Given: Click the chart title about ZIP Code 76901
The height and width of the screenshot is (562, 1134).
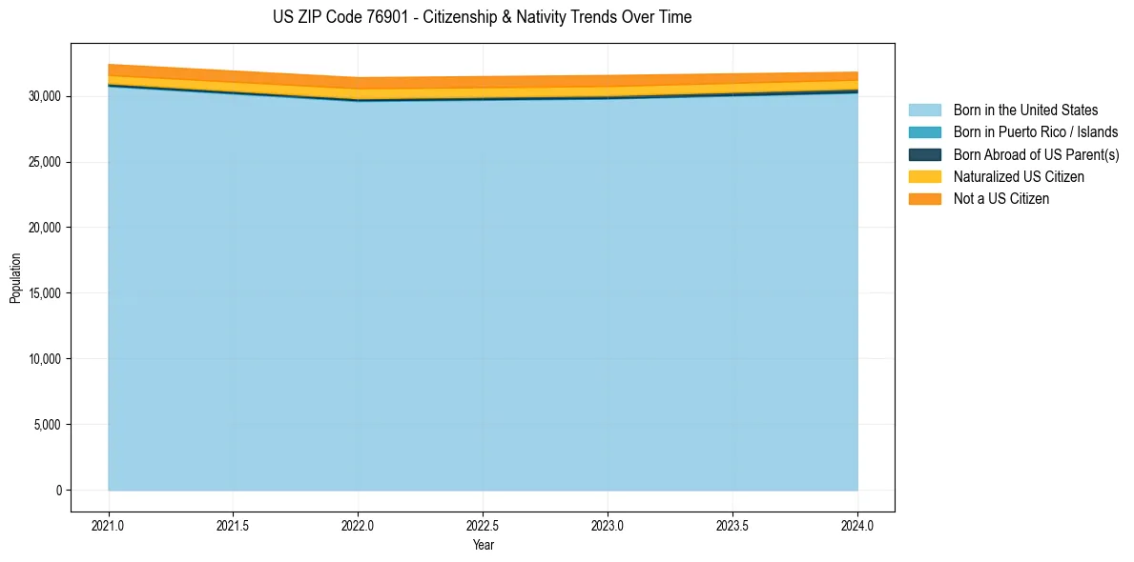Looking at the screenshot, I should (x=482, y=17).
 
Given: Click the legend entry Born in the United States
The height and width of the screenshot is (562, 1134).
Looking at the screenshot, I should (x=1025, y=110).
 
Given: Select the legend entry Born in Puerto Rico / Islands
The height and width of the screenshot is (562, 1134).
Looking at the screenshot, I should (x=1036, y=132).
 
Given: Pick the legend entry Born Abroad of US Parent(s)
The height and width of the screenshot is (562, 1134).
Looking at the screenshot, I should (x=1036, y=154).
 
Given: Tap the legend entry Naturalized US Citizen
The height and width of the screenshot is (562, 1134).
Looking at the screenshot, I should (x=1019, y=177).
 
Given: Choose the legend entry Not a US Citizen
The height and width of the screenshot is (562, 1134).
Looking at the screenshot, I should (x=1000, y=199).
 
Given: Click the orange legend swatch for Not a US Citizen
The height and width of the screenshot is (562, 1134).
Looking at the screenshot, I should (x=924, y=199).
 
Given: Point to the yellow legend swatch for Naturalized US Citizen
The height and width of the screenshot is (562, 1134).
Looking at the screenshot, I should (x=924, y=177).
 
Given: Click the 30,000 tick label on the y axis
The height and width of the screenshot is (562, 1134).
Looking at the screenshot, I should (x=45, y=96).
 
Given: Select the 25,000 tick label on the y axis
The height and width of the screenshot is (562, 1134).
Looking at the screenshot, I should (x=45, y=162).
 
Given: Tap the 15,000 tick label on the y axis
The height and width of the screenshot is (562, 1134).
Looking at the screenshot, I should (x=45, y=293).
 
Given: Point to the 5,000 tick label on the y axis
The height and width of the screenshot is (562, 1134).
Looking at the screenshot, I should (x=48, y=425).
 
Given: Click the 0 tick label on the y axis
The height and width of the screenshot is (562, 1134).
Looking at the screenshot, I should (x=58, y=491).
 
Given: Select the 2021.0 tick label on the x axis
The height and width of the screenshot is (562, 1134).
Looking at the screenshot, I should (x=108, y=525).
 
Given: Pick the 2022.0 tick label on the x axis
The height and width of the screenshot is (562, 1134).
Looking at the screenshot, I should (x=358, y=525).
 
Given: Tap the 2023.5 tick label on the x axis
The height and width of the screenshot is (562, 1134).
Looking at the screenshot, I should (x=732, y=525).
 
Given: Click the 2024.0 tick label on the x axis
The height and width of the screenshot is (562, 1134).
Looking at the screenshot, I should (x=857, y=525).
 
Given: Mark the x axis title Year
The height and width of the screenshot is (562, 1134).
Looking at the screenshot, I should (x=483, y=545).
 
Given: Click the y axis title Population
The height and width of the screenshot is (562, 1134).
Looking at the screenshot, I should (x=15, y=278).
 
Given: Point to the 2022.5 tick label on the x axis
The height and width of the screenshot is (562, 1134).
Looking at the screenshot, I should (x=483, y=525).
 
